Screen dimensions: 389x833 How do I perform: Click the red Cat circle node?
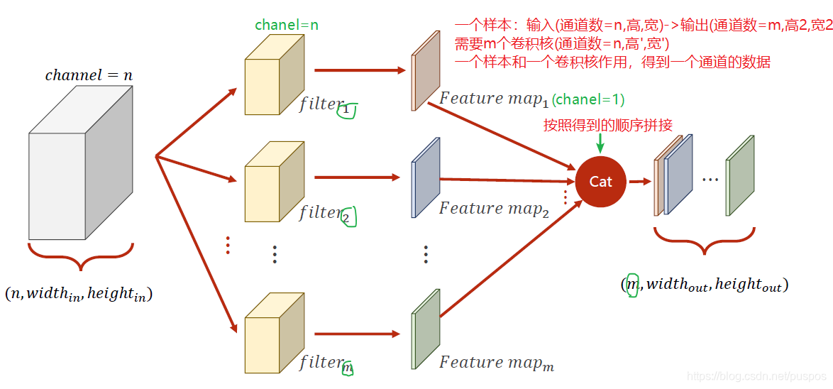[x=600, y=182]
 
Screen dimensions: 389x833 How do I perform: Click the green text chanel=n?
[x=287, y=25]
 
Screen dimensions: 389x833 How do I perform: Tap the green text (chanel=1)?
[x=588, y=100]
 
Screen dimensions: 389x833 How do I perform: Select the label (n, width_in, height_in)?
[x=79, y=293]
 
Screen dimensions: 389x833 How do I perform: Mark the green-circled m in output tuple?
[x=632, y=285]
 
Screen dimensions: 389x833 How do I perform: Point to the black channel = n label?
[x=89, y=75]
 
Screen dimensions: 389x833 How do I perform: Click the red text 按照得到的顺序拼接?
[x=607, y=126]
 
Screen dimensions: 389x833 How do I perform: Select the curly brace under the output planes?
[x=704, y=241]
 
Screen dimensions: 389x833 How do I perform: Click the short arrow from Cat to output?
[x=639, y=181]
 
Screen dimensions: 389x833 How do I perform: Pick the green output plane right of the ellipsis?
[x=739, y=175]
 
